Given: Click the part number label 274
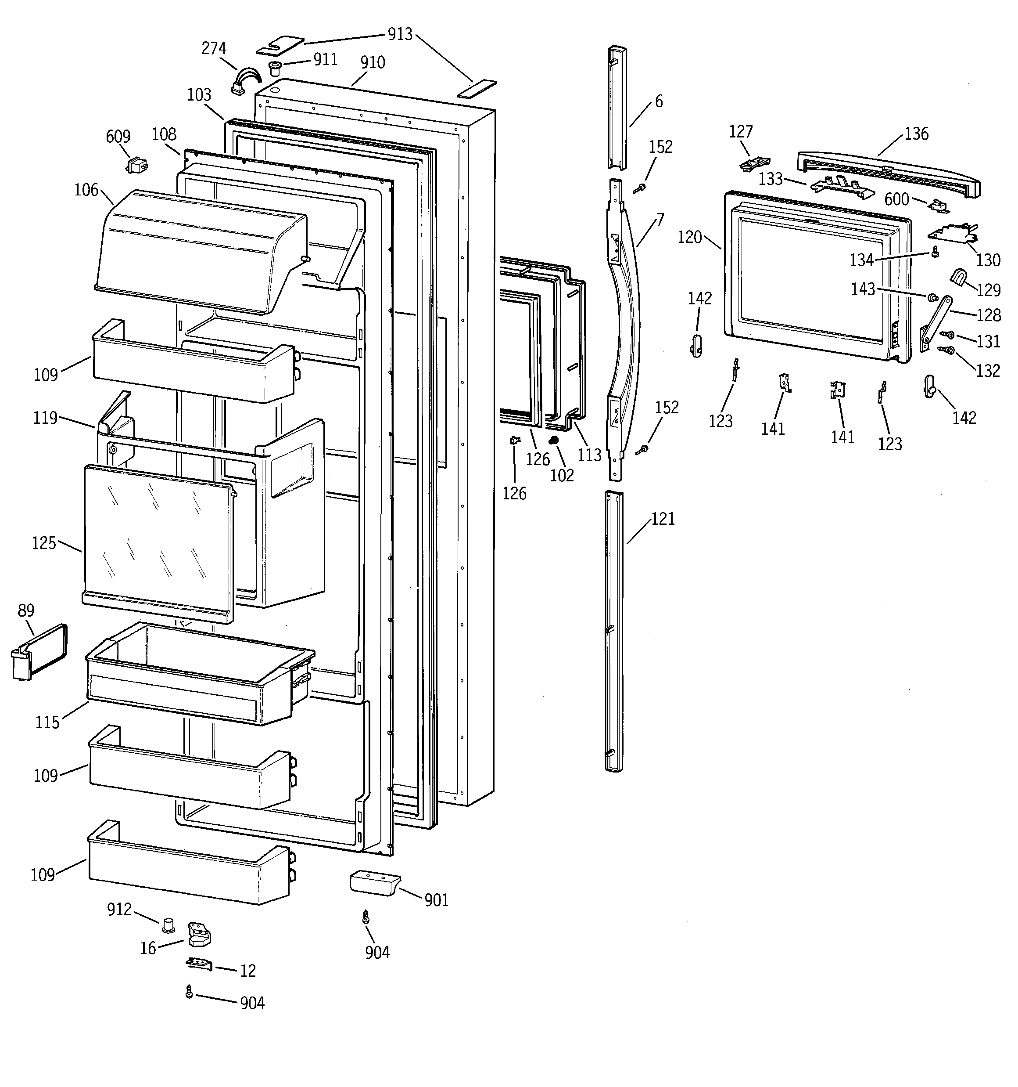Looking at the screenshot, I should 214,48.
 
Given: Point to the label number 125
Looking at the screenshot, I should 44,543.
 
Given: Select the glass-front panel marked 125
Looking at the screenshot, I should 158,542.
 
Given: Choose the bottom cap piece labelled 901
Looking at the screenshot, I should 374,883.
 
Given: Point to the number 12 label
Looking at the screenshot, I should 247,971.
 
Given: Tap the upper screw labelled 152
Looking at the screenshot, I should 639,188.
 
